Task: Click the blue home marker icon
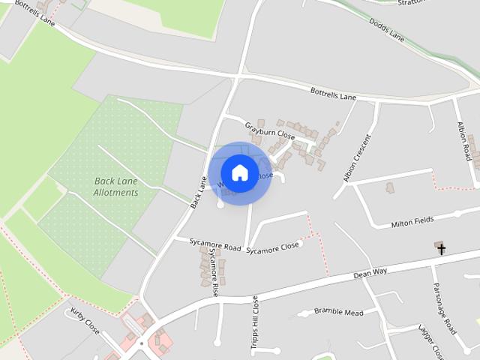coord(239,172)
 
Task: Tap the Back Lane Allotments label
coord(117,187)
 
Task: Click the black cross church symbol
coord(442,248)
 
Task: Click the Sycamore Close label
coord(272,247)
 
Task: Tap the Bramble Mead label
coord(338,311)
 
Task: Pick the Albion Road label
coord(466,143)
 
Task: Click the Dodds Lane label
coord(387,29)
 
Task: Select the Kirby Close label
coord(85,321)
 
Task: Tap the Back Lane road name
coord(199,191)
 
